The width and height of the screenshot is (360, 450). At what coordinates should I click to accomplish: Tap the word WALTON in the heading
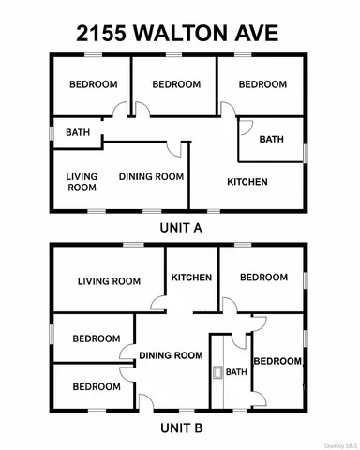pyautogui.click(x=185, y=33)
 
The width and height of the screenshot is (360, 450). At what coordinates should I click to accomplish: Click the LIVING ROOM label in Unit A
pyautogui.click(x=82, y=182)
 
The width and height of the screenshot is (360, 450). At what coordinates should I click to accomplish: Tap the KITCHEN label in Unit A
pyautogui.click(x=247, y=182)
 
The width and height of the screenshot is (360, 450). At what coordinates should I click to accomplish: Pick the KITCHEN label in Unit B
pyautogui.click(x=191, y=277)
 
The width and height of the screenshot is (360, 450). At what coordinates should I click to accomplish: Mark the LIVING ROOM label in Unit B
pyautogui.click(x=109, y=280)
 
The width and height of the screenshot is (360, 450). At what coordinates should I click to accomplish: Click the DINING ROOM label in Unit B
pyautogui.click(x=171, y=355)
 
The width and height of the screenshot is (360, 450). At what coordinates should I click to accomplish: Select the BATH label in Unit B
pyautogui.click(x=236, y=372)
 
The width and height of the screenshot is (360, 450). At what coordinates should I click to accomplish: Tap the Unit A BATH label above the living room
pyautogui.click(x=78, y=132)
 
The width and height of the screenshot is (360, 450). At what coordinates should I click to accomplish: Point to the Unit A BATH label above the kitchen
pyautogui.click(x=272, y=140)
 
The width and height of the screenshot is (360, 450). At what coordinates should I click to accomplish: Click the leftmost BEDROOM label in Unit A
pyautogui.click(x=93, y=84)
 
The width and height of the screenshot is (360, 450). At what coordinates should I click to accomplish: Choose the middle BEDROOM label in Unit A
pyautogui.click(x=176, y=84)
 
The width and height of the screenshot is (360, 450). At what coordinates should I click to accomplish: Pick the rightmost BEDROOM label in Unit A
pyautogui.click(x=262, y=84)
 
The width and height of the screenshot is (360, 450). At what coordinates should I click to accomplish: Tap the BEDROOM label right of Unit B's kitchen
pyautogui.click(x=263, y=277)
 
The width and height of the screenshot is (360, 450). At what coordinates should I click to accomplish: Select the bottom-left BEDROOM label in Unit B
pyautogui.click(x=97, y=386)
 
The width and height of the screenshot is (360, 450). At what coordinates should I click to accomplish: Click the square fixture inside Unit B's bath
pyautogui.click(x=218, y=372)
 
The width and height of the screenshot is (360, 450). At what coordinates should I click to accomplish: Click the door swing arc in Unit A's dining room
pyautogui.click(x=172, y=149)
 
